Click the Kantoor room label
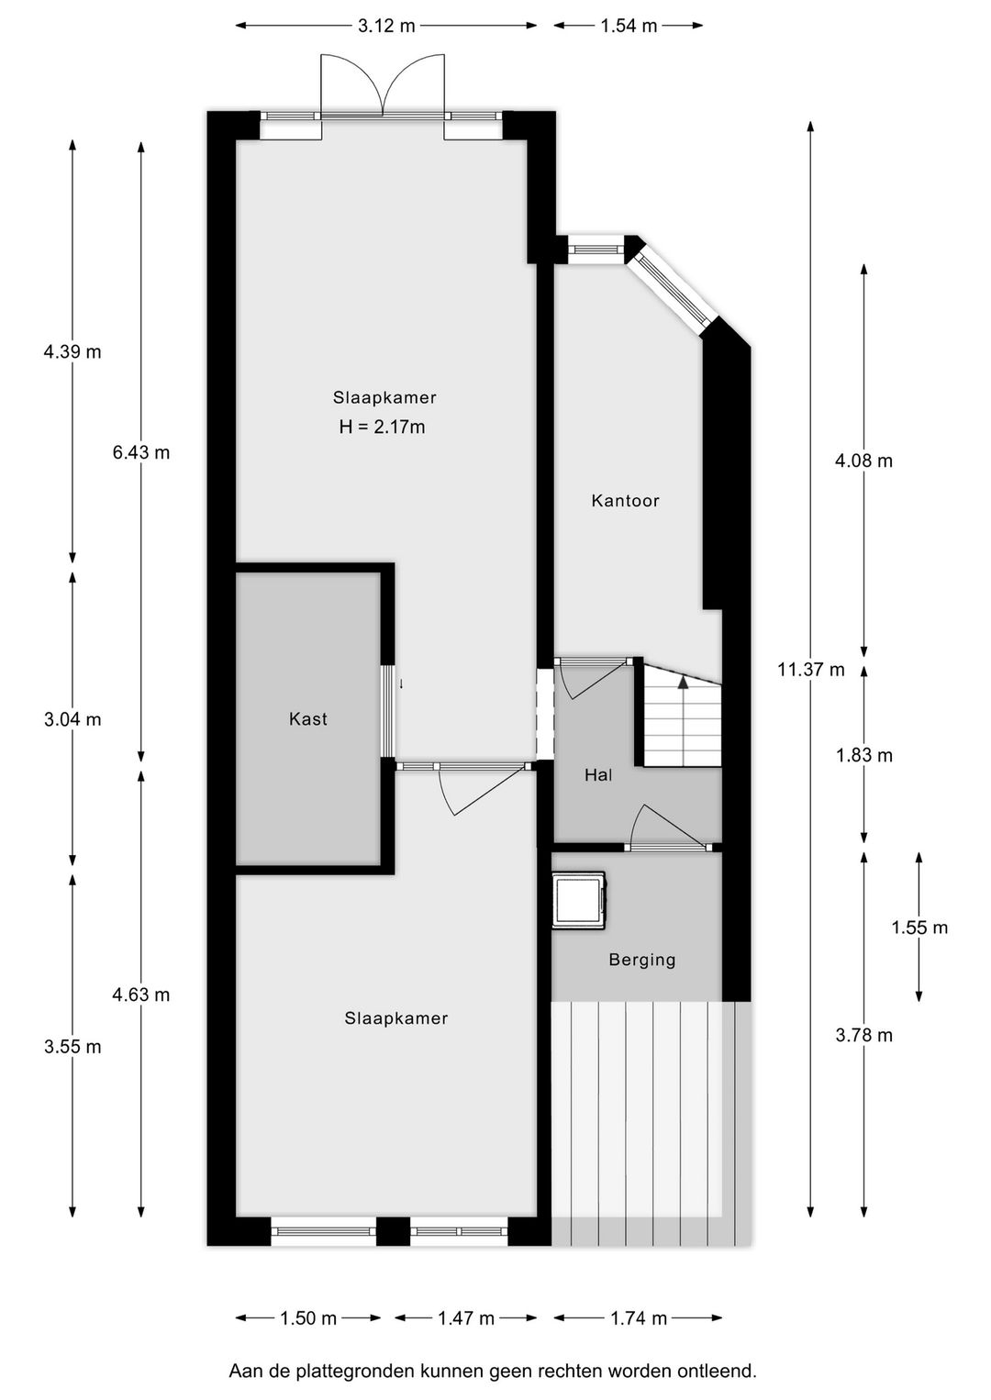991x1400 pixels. click(625, 501)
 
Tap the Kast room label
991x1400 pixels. click(308, 719)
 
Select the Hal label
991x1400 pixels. click(598, 775)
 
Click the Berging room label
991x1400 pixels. click(641, 960)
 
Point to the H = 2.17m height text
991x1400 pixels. click(382, 427)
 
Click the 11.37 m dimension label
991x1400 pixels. click(810, 670)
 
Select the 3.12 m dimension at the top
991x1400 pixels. click(386, 26)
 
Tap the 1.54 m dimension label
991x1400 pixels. click(629, 26)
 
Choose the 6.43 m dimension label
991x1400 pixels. click(141, 452)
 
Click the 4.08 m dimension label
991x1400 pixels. click(863, 461)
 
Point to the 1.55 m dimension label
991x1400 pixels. click(919, 928)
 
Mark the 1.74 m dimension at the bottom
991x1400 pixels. click(639, 1318)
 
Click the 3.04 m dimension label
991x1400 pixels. click(72, 719)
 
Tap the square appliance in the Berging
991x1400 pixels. click(578, 899)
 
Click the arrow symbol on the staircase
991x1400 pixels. click(682, 681)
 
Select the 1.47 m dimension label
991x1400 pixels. click(466, 1318)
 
